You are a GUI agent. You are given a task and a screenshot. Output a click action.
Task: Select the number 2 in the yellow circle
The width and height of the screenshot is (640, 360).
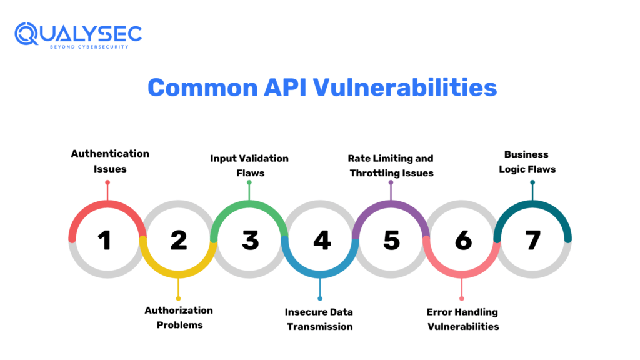(x=179, y=240)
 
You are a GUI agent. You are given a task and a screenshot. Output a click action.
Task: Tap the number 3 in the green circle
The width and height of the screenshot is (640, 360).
(x=250, y=240)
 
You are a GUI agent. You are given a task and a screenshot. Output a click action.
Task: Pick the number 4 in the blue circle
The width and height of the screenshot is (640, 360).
(x=322, y=240)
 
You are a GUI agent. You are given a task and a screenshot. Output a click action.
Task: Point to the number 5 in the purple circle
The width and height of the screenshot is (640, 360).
(x=392, y=240)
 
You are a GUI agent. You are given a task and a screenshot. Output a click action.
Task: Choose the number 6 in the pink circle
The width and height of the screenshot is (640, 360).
(x=463, y=240)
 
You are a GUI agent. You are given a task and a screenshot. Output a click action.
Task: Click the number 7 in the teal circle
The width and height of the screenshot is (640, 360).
(x=532, y=240)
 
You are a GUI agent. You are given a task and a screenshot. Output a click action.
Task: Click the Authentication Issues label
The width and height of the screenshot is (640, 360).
(x=110, y=161)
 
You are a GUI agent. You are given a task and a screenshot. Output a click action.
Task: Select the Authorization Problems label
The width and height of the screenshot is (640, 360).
(x=179, y=317)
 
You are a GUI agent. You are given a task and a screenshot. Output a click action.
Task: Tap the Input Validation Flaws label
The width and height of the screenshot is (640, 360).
(x=249, y=166)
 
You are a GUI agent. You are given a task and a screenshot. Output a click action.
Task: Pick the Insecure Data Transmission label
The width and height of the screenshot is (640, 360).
(x=319, y=319)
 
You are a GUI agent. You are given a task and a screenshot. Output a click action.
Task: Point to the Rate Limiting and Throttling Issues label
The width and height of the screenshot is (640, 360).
(x=391, y=166)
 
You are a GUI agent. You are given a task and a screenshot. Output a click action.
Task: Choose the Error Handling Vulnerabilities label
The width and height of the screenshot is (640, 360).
(x=462, y=319)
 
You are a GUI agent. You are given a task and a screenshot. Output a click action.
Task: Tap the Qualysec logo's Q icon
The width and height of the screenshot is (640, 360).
(x=28, y=34)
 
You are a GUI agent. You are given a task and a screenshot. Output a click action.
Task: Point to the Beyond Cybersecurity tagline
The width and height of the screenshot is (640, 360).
(x=89, y=47)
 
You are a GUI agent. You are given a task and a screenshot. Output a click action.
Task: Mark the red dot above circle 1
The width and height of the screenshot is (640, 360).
(x=107, y=182)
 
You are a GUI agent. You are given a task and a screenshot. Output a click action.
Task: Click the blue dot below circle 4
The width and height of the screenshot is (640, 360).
(x=320, y=298)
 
